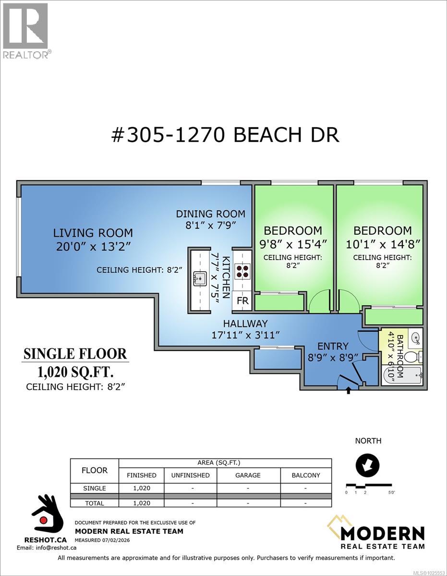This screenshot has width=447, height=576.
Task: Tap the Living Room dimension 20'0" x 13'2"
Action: point(93,247)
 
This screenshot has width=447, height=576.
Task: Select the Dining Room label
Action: point(210,214)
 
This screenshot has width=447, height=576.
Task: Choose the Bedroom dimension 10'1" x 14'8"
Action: point(383,244)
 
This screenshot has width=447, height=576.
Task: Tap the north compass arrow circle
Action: point(367,465)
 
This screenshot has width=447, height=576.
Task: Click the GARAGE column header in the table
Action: point(248,475)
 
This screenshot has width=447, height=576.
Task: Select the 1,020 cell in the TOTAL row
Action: point(141,503)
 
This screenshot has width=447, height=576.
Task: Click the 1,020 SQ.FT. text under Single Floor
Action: point(75,372)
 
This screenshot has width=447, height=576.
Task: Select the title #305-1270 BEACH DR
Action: point(225,135)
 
